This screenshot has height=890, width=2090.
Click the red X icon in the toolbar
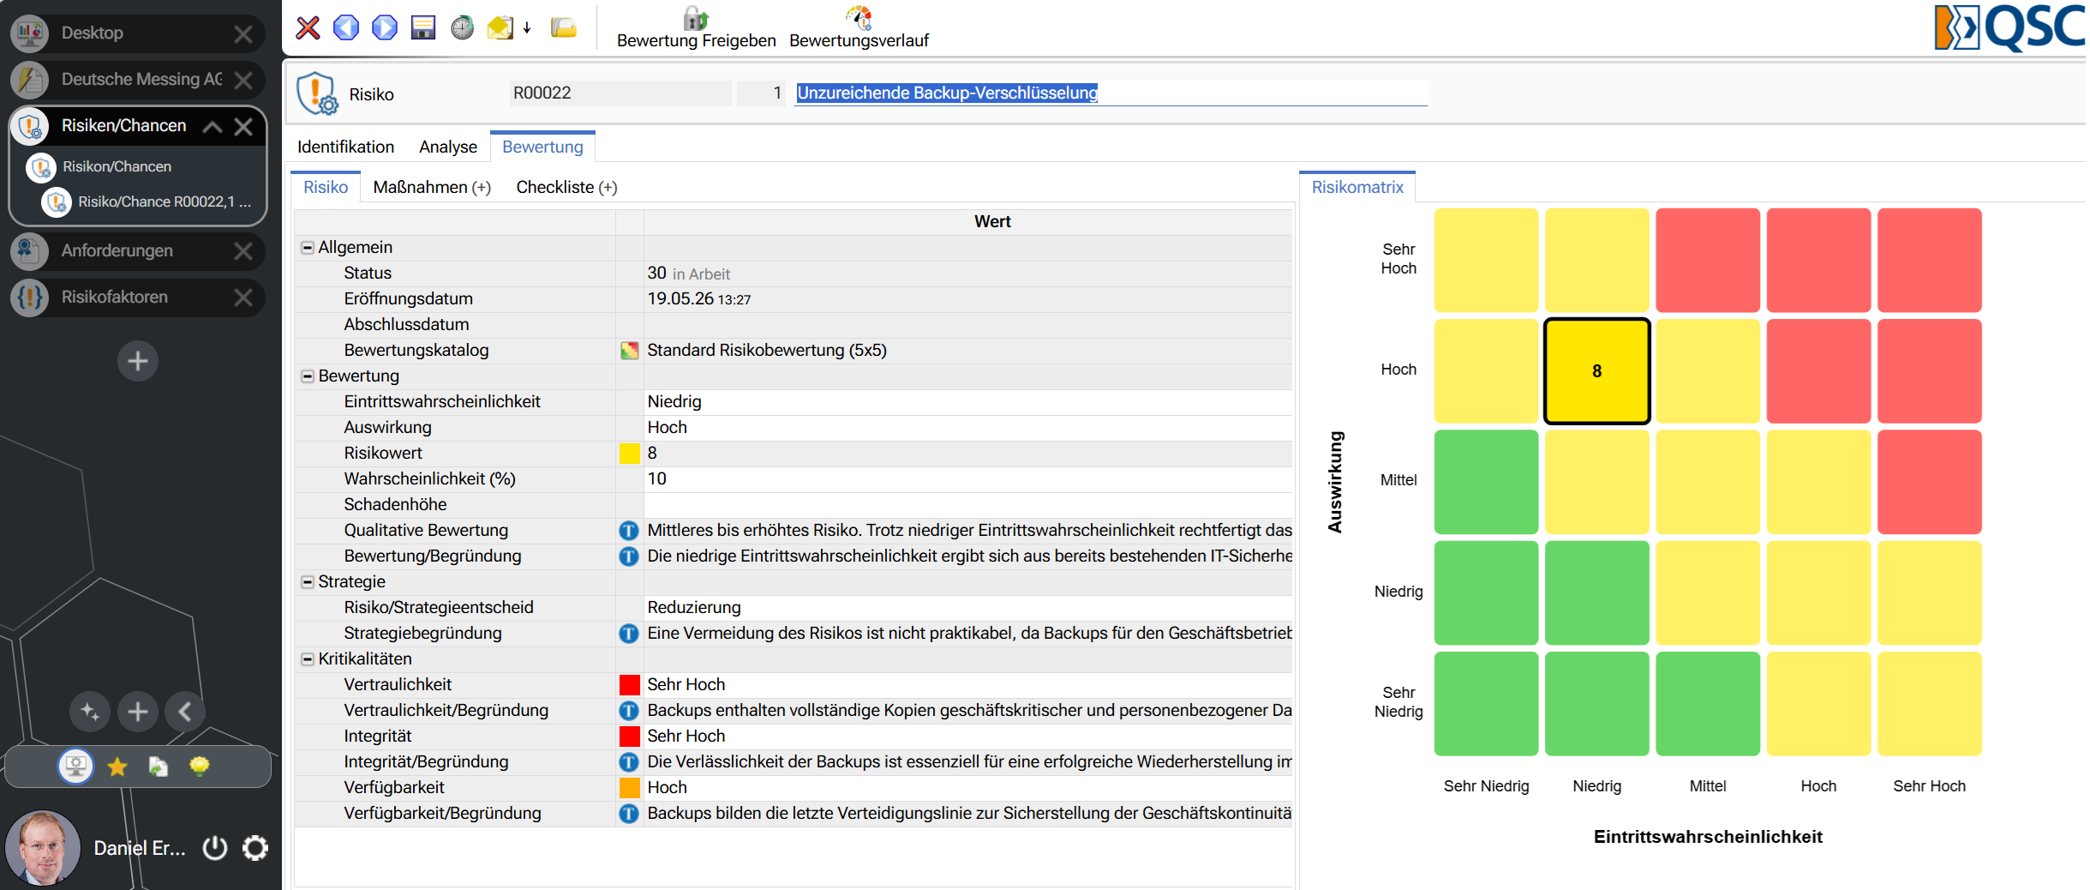(x=308, y=28)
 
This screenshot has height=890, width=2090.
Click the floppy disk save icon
(x=423, y=27)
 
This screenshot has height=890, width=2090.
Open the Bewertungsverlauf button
(x=859, y=27)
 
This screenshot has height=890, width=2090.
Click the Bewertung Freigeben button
(x=696, y=27)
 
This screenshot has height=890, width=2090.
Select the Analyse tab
(x=448, y=147)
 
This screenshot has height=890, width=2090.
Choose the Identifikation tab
(x=345, y=147)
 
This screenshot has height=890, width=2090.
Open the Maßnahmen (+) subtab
(x=432, y=187)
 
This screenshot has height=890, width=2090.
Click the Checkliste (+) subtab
(x=566, y=187)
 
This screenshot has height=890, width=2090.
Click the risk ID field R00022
(x=620, y=93)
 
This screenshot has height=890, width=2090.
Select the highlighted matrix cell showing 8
(x=1596, y=371)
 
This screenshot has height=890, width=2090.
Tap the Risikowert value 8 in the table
(x=652, y=453)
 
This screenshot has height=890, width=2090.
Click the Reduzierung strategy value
(x=694, y=607)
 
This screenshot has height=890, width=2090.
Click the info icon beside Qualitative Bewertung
(x=629, y=531)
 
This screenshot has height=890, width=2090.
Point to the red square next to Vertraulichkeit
(x=630, y=684)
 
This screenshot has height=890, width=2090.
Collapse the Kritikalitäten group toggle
(x=308, y=658)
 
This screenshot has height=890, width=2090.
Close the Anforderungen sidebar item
(x=243, y=250)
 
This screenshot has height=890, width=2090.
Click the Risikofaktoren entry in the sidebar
(x=115, y=297)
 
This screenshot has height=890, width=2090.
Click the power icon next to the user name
(x=215, y=848)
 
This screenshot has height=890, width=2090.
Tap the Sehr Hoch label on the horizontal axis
(x=1929, y=786)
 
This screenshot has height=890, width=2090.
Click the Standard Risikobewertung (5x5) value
(x=767, y=350)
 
